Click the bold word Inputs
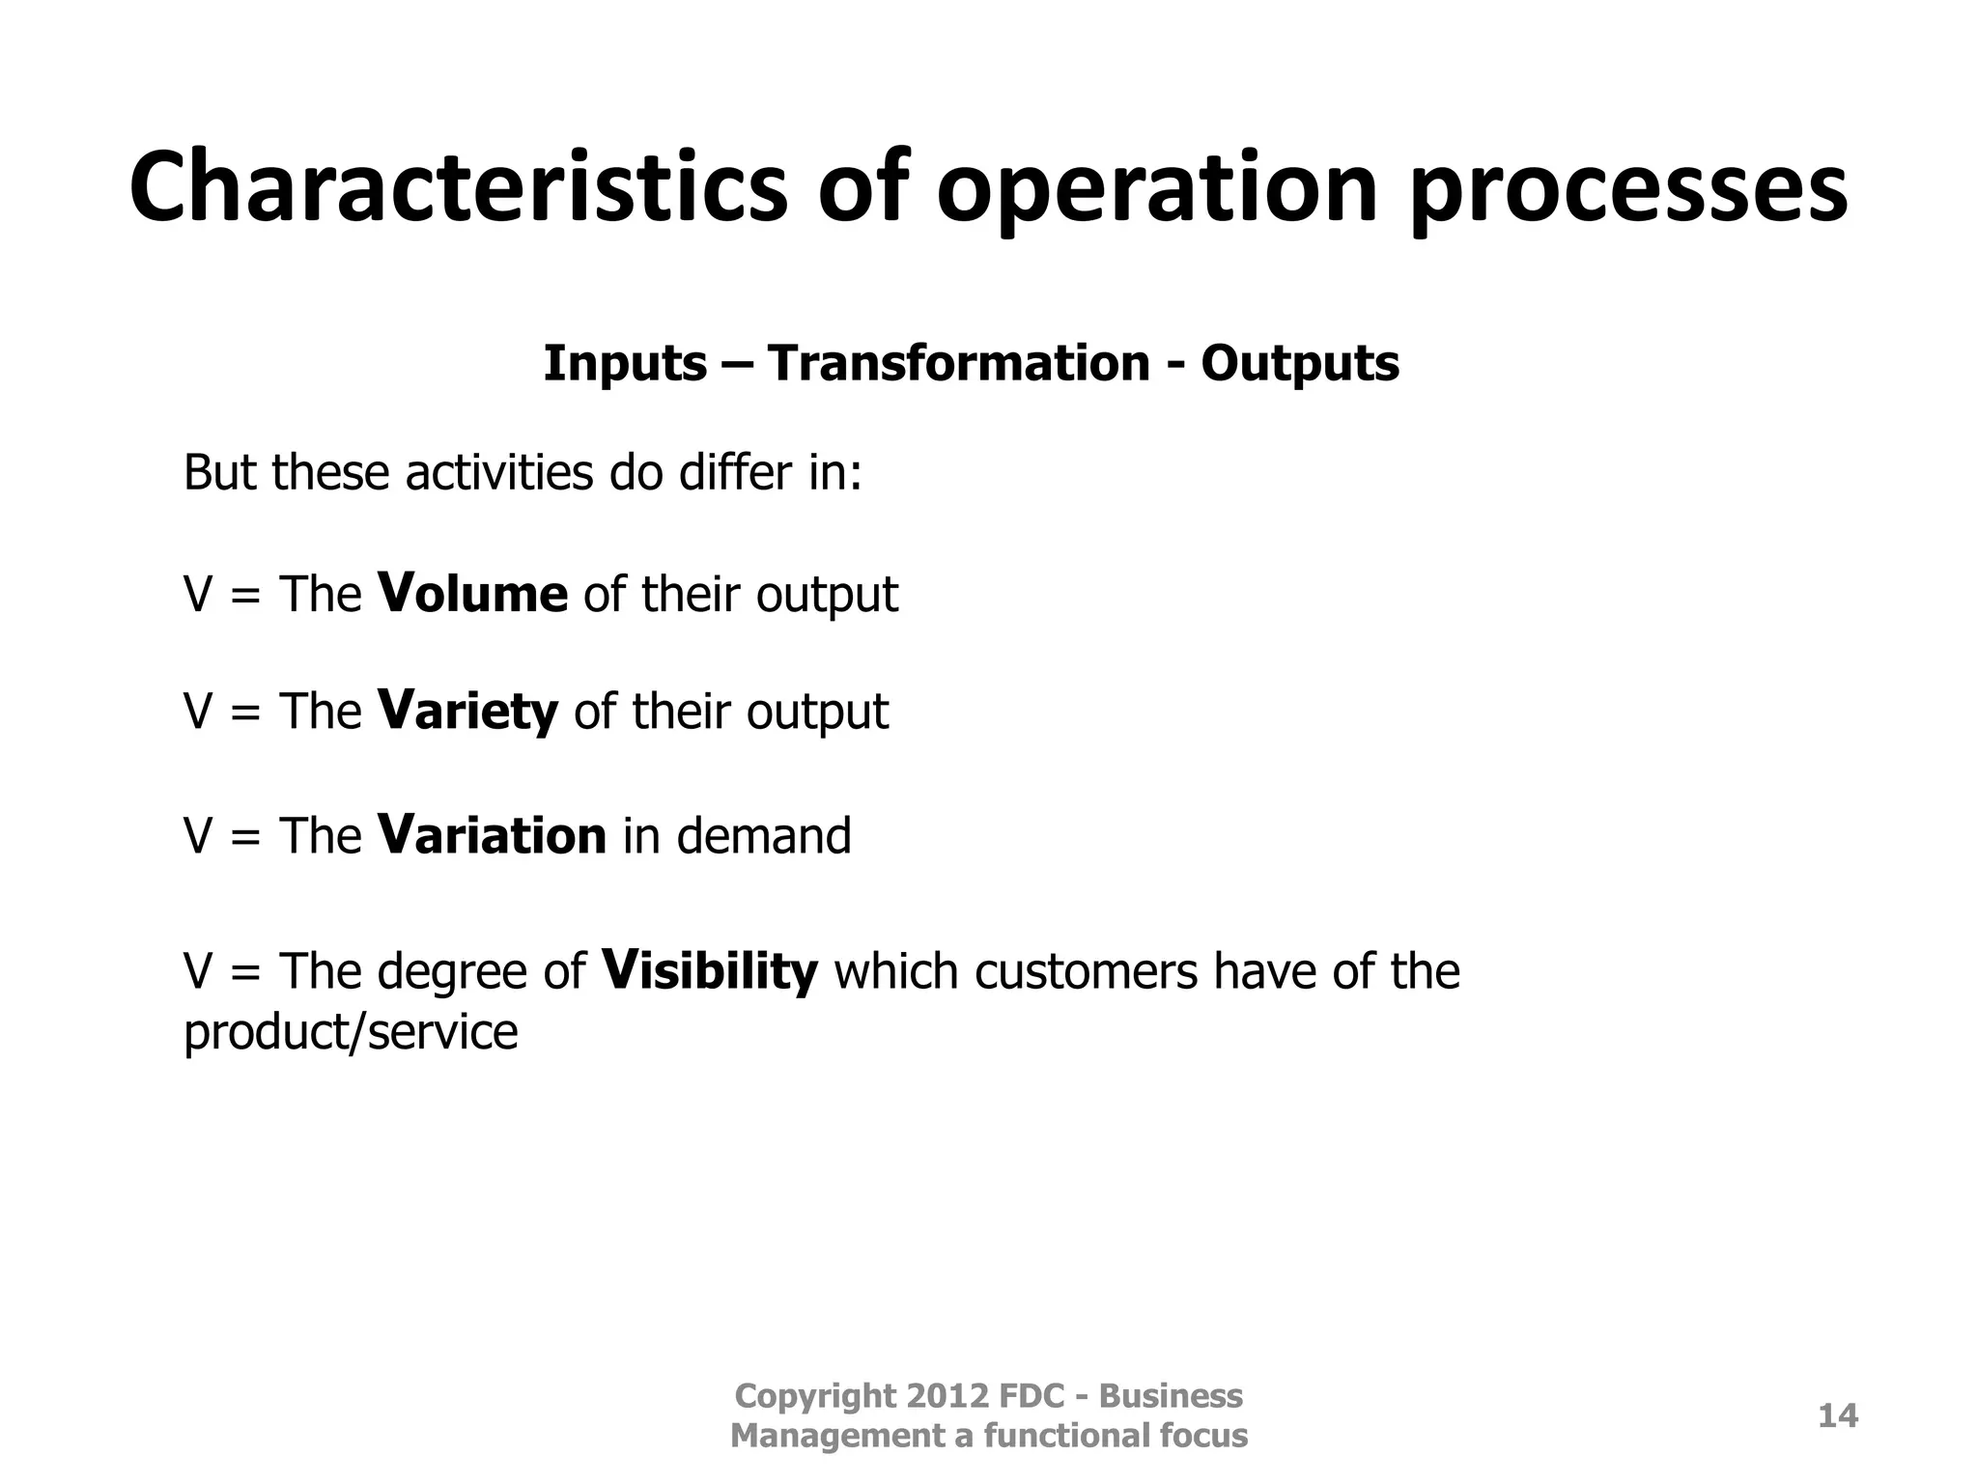625,365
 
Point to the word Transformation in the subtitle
959,364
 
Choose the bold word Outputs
1299,365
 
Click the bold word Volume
472,593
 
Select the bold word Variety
467,713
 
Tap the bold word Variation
492,835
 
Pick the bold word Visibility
709,970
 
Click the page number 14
1837,1416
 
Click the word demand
763,836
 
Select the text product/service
351,1032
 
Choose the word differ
734,473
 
